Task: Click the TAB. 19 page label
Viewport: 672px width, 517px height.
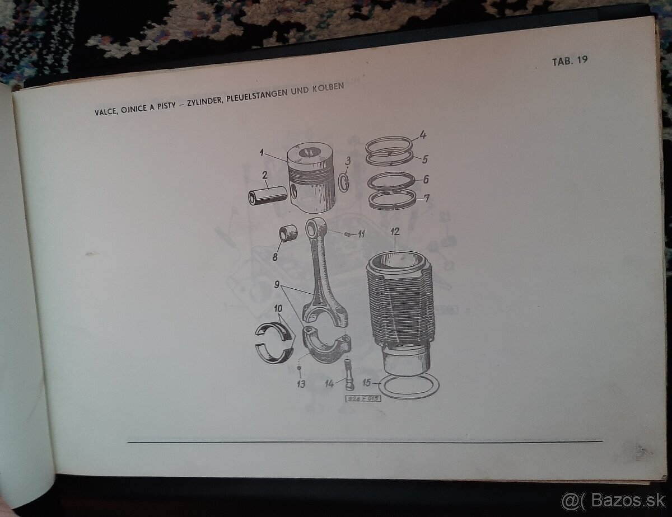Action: pos(570,60)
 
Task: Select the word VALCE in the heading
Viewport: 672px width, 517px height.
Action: pos(106,111)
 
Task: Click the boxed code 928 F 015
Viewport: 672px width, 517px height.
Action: pos(363,398)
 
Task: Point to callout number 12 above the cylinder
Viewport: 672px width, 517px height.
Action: pos(395,232)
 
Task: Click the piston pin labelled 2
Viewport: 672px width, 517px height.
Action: pos(268,195)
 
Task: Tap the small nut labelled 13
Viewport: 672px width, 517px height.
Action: pos(298,368)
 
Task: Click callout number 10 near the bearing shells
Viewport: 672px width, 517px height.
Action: pos(278,308)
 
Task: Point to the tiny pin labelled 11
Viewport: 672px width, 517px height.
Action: pos(347,234)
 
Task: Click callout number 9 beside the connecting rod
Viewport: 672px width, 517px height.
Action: pos(277,284)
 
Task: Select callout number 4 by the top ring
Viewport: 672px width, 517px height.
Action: pos(423,135)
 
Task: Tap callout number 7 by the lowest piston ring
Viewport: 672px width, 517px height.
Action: pos(427,198)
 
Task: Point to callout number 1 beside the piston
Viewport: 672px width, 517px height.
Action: pos(262,153)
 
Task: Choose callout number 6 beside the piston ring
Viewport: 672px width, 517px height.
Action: pos(426,179)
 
